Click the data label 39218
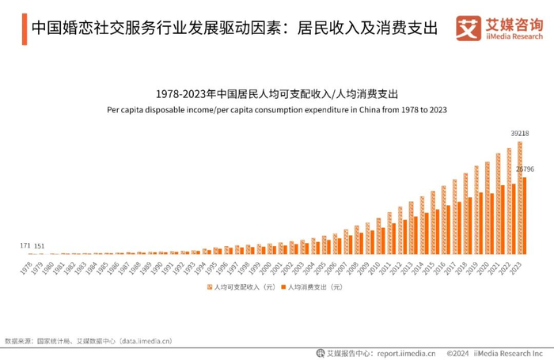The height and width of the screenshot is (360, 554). [x=519, y=133]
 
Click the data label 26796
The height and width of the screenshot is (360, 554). [x=526, y=169]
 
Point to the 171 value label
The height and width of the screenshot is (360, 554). [x=25, y=245]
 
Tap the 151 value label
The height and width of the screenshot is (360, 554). [x=39, y=245]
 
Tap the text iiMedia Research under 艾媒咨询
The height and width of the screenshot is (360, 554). [x=514, y=37]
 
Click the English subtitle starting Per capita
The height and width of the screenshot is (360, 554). [x=277, y=109]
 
